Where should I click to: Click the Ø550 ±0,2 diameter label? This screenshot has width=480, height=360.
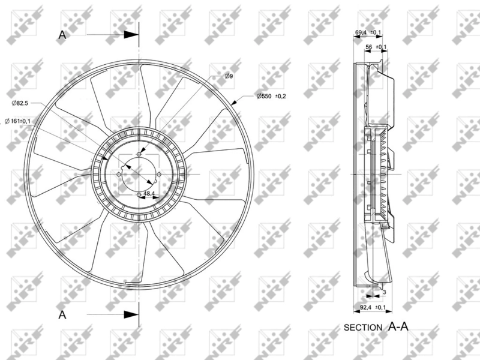coord(271,96)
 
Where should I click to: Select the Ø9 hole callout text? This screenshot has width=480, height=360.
coord(229,76)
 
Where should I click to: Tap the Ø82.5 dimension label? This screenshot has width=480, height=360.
coord(20,103)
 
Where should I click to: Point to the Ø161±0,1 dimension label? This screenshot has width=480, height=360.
coord(18,121)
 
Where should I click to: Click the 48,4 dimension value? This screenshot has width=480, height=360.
coord(149,193)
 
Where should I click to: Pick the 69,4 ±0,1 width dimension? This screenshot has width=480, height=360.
coord(368,32)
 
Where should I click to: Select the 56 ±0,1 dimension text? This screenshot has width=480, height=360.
coord(376,47)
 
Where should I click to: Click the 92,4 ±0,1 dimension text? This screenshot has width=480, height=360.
coord(373,307)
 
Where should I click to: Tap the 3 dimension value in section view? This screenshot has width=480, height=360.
coord(385,292)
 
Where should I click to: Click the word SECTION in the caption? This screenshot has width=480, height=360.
coord(363,328)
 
